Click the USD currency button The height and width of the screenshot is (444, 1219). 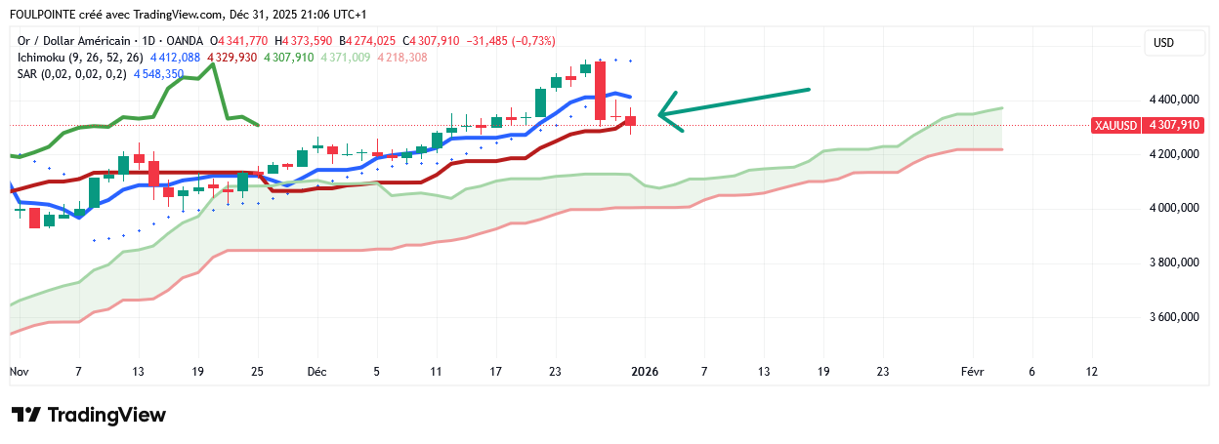(x=1163, y=43)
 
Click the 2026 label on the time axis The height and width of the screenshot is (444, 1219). (x=644, y=372)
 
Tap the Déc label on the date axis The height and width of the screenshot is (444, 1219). (x=316, y=372)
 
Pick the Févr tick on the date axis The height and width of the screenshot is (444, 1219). (x=972, y=372)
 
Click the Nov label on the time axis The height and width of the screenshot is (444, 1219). (x=20, y=372)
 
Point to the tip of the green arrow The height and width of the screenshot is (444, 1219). (x=660, y=114)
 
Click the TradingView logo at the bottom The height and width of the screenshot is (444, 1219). (x=89, y=415)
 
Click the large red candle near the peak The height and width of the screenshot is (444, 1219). (x=600, y=90)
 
